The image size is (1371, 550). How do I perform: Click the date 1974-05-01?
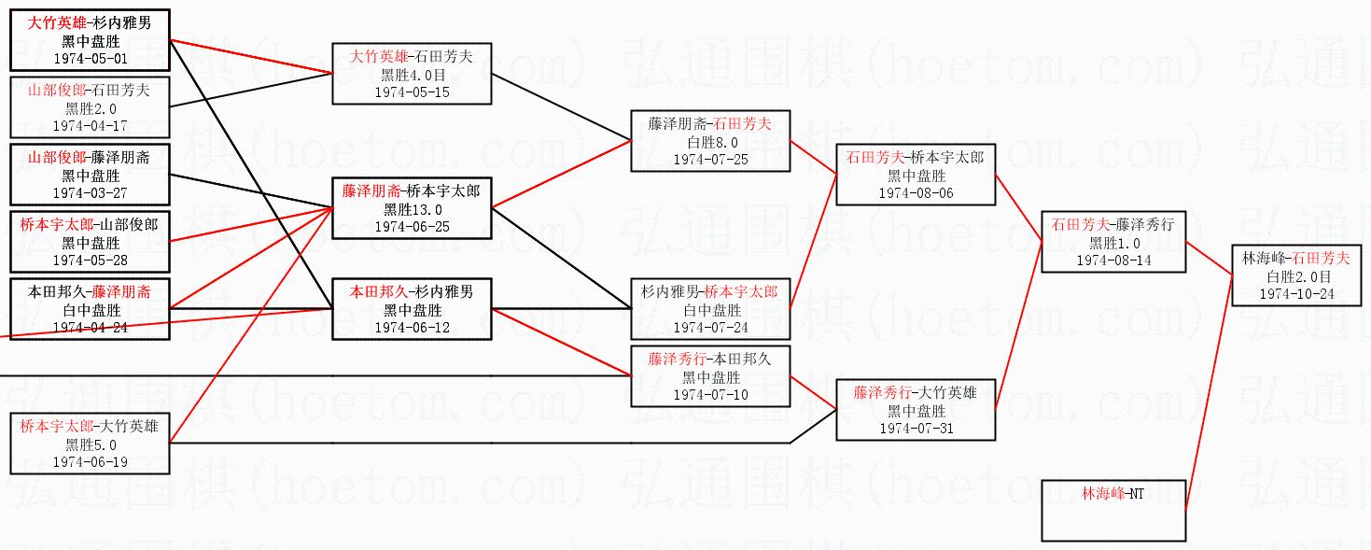[90, 58]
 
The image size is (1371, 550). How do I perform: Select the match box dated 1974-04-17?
[90, 107]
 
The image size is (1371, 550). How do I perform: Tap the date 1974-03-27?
[90, 192]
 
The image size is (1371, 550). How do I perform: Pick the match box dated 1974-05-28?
[90, 242]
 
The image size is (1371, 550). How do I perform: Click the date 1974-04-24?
[90, 327]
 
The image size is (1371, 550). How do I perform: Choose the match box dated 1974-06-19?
[90, 444]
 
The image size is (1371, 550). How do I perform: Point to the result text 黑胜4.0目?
[412, 75]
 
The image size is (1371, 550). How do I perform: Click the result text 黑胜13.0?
[412, 209]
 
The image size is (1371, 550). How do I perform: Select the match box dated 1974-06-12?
[412, 309]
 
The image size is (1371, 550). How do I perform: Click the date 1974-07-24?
[710, 327]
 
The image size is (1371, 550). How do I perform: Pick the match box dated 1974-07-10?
[710, 377]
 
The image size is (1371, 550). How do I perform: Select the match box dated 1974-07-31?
[915, 410]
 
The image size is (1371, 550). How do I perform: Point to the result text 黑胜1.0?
[1113, 243]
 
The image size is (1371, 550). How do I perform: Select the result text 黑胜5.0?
[90, 444]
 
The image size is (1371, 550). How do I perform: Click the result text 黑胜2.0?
[90, 107]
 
